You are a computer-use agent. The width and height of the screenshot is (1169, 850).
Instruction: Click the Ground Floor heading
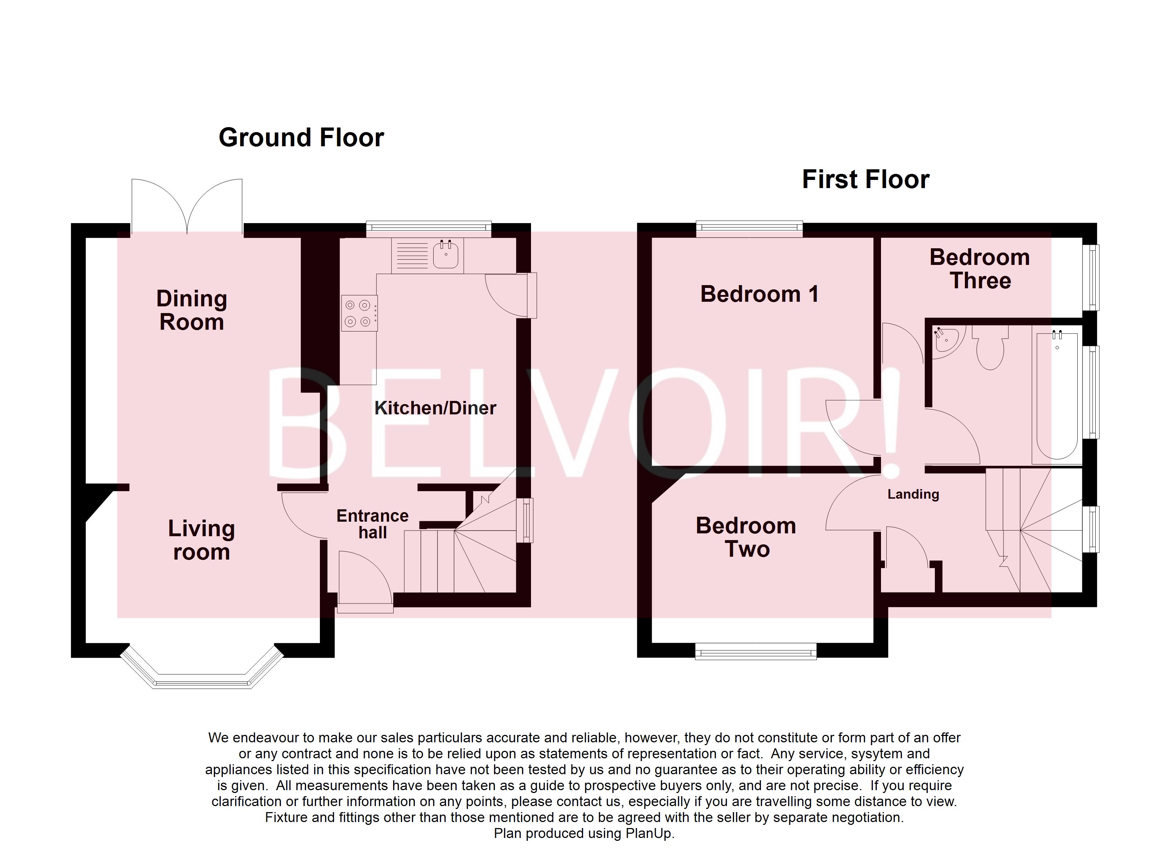coord(301,138)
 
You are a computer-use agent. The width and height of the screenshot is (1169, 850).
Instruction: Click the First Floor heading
coord(865,179)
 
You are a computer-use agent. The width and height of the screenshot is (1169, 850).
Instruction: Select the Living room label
coord(202,540)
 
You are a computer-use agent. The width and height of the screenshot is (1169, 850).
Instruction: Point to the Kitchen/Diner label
coord(435,408)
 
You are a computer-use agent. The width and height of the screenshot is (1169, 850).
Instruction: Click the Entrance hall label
coord(372,524)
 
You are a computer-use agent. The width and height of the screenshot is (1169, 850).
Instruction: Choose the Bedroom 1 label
coord(759,294)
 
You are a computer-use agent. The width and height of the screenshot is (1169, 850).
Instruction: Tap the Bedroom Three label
coord(979,268)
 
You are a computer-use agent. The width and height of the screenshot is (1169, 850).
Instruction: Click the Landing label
coord(913,494)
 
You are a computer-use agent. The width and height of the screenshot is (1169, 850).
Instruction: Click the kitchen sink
coord(445,255)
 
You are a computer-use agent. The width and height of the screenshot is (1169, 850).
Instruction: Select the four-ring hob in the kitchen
coord(359,313)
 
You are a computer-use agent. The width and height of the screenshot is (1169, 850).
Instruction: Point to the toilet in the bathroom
coord(990,351)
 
